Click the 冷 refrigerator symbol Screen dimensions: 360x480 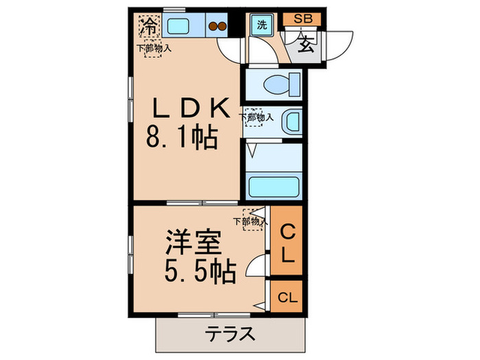click(x=147, y=27)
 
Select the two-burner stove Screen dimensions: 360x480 click(x=217, y=27)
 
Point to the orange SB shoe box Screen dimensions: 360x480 click(x=302, y=19)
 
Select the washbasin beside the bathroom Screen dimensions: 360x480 click(x=291, y=122)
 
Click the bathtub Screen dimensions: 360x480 click(x=275, y=187)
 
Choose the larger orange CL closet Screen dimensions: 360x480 click(x=287, y=245)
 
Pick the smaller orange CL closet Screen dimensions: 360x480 click(x=287, y=298)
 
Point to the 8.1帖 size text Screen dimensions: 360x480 click(x=181, y=140)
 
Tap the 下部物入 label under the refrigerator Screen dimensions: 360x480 click(x=153, y=48)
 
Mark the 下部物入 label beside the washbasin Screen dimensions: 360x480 click(x=256, y=117)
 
